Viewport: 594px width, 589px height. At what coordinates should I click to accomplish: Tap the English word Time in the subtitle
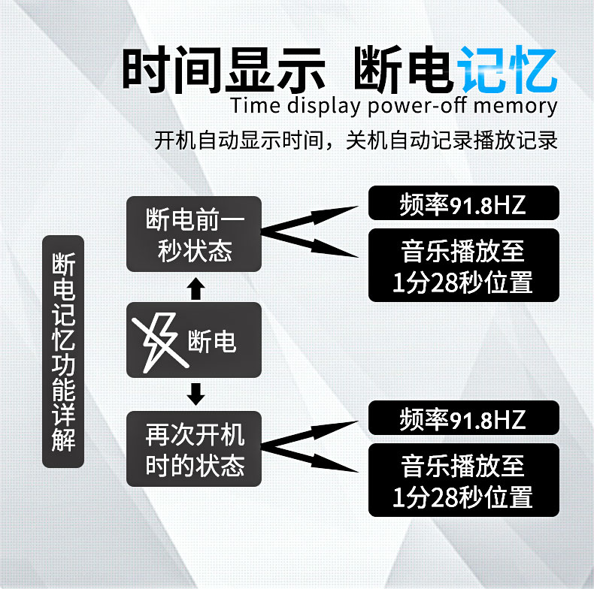tap(253, 105)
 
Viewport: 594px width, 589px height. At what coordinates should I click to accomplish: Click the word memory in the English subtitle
tap(515, 105)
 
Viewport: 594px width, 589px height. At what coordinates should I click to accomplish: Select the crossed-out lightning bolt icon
tap(159, 340)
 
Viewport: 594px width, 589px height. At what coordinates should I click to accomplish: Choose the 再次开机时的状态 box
tap(193, 449)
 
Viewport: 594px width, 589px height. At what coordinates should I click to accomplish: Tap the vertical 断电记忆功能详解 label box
tap(63, 352)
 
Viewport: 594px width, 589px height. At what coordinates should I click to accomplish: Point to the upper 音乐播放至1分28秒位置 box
tap(463, 264)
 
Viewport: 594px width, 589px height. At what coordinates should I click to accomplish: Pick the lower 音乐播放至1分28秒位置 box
tap(463, 479)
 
